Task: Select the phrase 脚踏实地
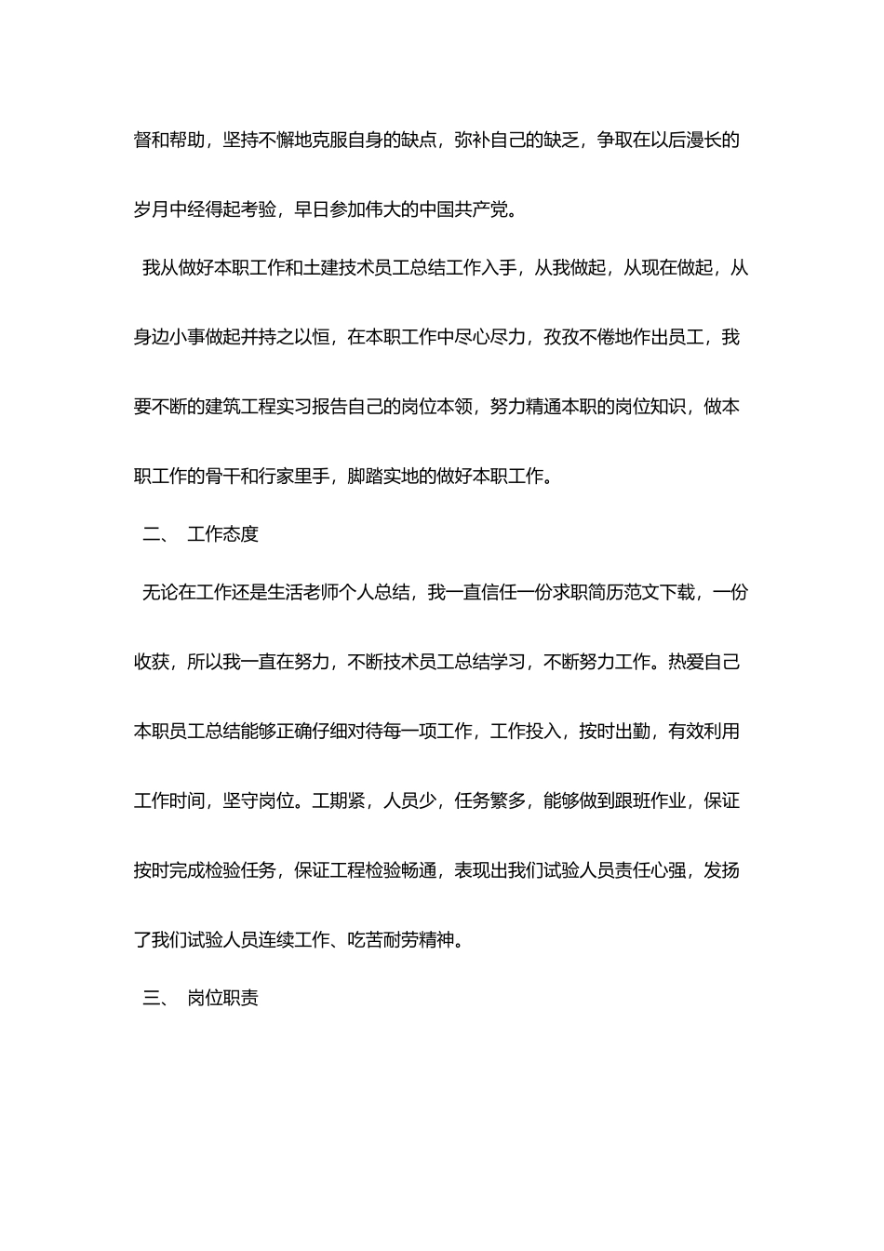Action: [383, 477]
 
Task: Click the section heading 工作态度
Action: [223, 534]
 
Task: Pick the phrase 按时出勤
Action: [615, 732]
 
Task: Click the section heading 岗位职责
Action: [223, 998]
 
